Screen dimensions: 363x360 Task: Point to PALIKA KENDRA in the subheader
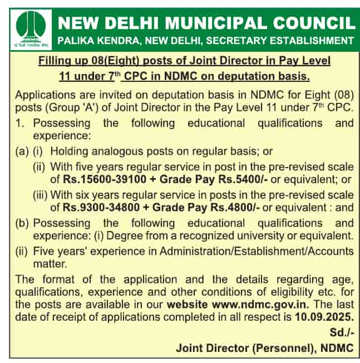[91, 41]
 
